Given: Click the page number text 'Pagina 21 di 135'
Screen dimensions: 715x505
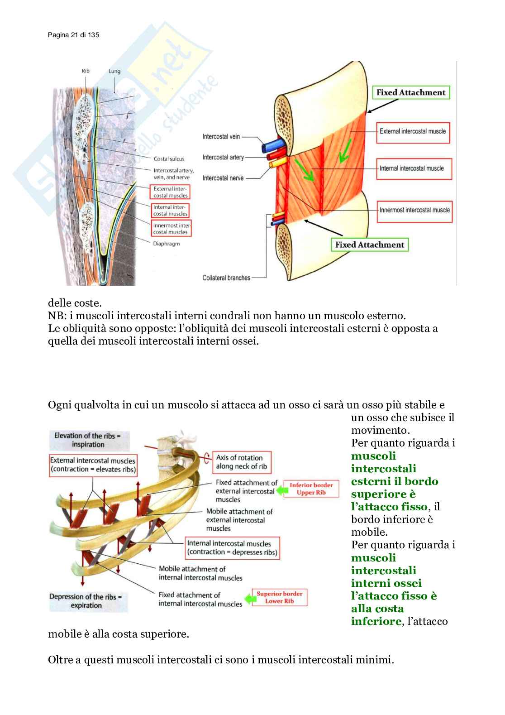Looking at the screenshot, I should coord(73,35).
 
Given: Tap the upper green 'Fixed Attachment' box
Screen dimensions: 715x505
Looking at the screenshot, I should coord(410,92).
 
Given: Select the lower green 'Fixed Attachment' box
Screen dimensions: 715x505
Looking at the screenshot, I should coord(369,245).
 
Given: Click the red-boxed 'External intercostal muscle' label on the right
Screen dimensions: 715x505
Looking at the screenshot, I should coord(412,132).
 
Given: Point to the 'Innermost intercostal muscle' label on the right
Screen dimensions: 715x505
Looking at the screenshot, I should coord(414,210).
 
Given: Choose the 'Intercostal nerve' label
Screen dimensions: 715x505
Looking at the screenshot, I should coord(223,178).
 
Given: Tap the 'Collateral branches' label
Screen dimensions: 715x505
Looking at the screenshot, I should coord(226,278).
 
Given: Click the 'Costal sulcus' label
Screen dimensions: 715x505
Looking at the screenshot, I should coord(169,159).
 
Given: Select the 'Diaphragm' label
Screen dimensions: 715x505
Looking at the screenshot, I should coord(166,244).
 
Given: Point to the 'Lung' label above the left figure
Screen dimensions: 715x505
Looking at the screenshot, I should coord(114,71).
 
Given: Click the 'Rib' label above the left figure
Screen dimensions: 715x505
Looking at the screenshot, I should coord(86,71).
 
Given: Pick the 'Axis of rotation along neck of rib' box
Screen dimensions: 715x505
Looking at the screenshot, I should coord(242,462).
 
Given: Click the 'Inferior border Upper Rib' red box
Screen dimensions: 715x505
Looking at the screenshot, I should coord(311,489).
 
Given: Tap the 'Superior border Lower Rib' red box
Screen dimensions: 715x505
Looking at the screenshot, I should coord(279,597).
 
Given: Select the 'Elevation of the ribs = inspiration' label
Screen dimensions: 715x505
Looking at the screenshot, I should coord(88,440).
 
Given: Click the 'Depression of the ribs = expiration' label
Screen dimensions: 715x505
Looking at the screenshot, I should coord(86,601).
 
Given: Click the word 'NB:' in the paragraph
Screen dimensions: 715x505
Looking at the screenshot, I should coord(57,316).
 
